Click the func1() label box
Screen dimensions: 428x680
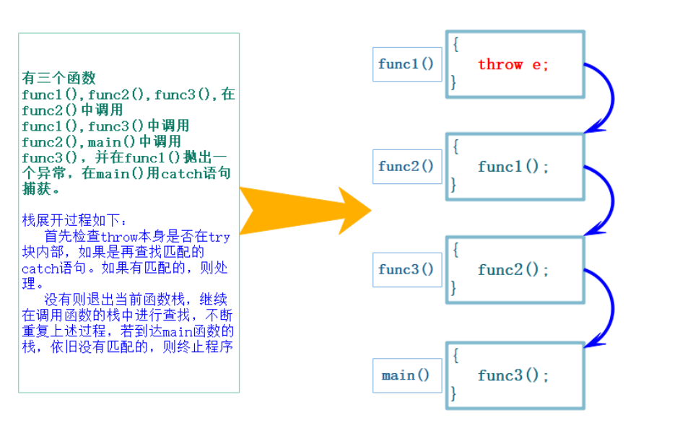click(406, 64)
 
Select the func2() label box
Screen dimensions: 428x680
click(406, 167)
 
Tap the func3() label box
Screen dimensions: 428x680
click(406, 270)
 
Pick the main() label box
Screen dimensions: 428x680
click(406, 375)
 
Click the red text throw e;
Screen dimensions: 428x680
click(513, 64)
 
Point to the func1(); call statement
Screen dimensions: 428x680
click(513, 167)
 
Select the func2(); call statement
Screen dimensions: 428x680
click(513, 270)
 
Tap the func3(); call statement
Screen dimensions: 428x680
click(513, 375)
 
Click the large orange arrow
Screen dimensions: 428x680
click(303, 210)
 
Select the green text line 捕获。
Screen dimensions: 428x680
click(40, 189)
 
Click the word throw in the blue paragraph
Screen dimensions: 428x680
click(119, 237)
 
